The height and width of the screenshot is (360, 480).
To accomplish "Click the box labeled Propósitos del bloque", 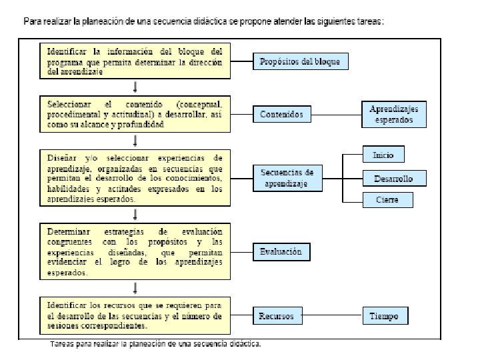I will [300, 62].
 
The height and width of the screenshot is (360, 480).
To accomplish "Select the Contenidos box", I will [281, 114].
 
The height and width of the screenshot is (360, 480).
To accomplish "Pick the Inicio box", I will [383, 155].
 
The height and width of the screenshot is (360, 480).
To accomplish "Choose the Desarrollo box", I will [393, 179].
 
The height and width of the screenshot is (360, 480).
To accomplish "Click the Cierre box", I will [387, 199].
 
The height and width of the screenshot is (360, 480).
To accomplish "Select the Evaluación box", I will [281, 251].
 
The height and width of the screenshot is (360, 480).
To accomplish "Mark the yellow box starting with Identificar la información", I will [135, 61].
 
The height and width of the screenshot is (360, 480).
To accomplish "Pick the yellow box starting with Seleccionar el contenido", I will [135, 114].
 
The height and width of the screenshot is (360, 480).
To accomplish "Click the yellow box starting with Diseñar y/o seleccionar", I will [135, 178].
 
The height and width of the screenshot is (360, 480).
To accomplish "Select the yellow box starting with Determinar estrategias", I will [135, 251].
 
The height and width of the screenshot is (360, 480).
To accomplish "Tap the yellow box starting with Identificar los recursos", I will [135, 315].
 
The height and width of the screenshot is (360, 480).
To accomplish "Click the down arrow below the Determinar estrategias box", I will [136, 287].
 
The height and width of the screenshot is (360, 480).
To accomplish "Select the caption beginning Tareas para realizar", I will [156, 345].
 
